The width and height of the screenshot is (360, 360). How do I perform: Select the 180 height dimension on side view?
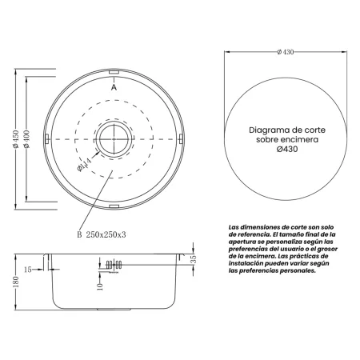(15, 282)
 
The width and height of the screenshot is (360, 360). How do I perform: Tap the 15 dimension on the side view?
(29, 269)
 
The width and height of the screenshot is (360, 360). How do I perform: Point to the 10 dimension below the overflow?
(99, 286)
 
